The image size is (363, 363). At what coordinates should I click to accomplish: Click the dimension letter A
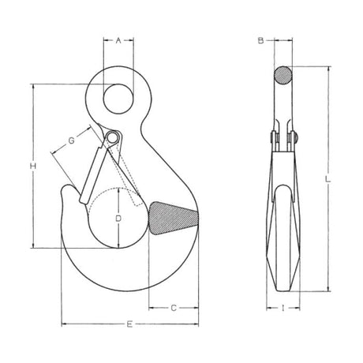118,40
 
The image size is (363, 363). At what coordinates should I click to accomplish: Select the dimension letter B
260,40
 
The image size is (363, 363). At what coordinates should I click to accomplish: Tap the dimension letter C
174,308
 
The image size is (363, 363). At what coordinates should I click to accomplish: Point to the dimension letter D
118,218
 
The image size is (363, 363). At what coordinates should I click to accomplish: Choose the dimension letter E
129,324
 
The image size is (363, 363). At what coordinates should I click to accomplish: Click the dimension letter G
71,140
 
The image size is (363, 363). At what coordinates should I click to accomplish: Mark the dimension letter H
32,166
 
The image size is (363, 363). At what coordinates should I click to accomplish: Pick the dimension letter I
283,308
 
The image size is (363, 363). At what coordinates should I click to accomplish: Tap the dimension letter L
328,179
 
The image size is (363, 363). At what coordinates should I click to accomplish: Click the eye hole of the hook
118,99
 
